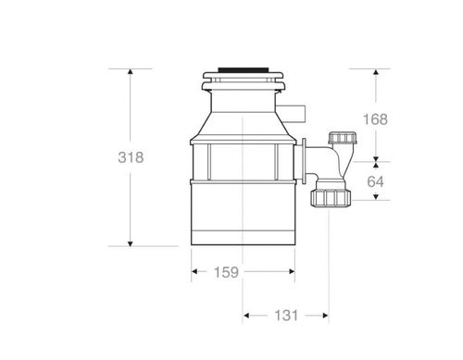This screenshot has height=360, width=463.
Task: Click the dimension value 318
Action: pyautogui.click(x=131, y=157)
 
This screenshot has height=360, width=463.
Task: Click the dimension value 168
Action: pyautogui.click(x=375, y=119)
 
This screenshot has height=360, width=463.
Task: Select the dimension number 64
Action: pyautogui.click(x=375, y=181)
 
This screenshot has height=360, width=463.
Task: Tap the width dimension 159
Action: pyautogui.click(x=226, y=272)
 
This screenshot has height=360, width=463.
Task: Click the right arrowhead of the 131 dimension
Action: pyautogui.click(x=327, y=316)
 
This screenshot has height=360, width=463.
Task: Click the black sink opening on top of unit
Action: pyautogui.click(x=243, y=69)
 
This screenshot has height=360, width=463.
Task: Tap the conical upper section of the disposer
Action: pyautogui.click(x=243, y=120)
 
